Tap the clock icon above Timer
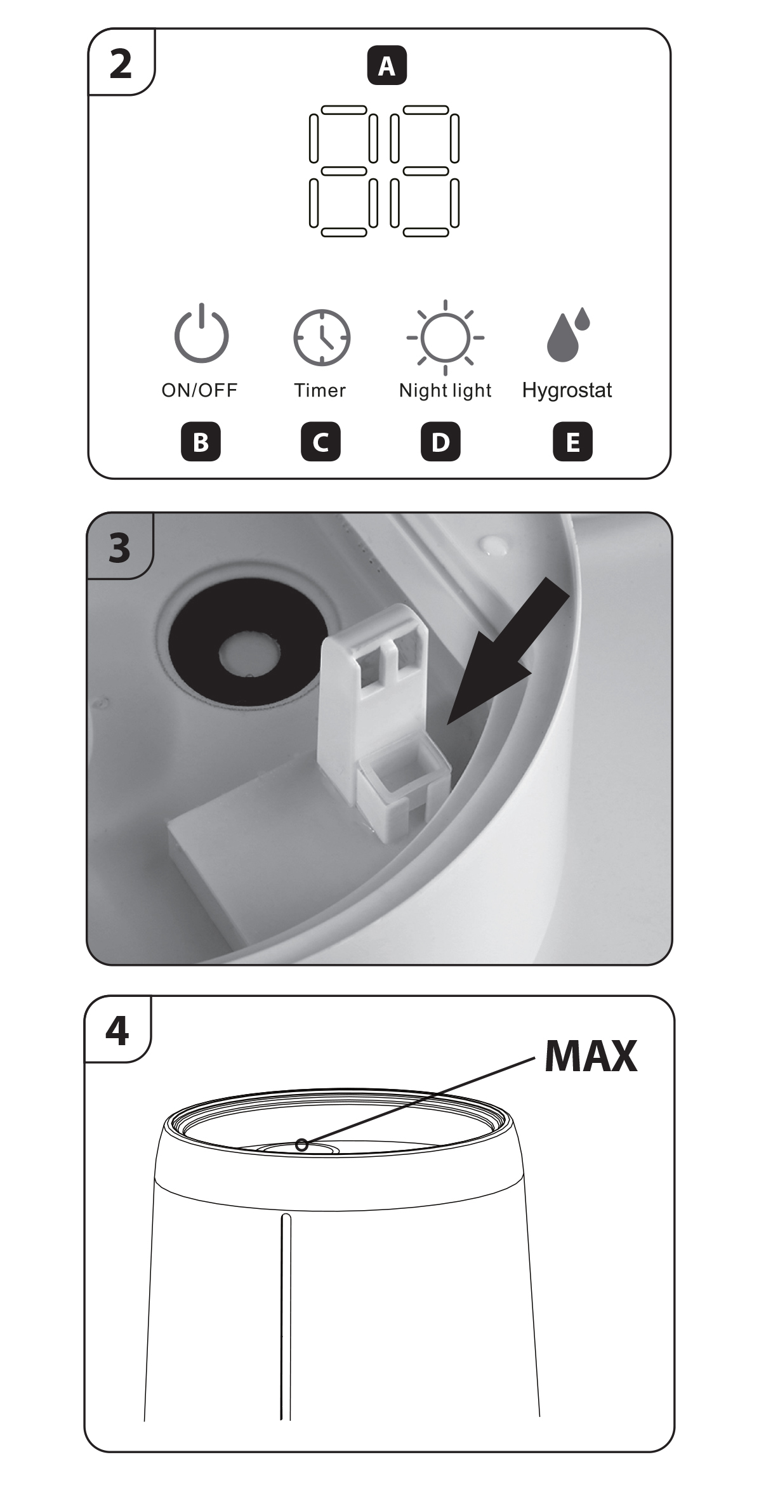[x=322, y=338]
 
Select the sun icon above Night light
[x=445, y=338]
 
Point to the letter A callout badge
[x=386, y=65]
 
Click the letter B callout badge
[x=201, y=442]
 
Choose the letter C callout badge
[x=320, y=442]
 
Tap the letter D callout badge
[x=440, y=442]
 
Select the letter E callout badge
[x=572, y=442]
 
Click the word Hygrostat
[x=567, y=390]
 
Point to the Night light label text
[x=445, y=391]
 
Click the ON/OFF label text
[x=199, y=390]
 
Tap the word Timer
[x=320, y=390]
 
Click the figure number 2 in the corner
[x=121, y=64]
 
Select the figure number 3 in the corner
[x=119, y=548]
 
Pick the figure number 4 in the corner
[x=117, y=1031]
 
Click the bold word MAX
[x=591, y=1056]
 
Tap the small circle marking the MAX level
[x=302, y=1145]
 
